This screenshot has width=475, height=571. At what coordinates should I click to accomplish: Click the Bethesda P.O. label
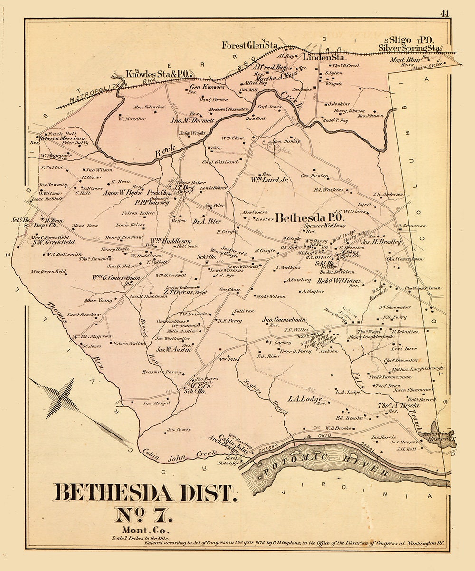tap(307, 218)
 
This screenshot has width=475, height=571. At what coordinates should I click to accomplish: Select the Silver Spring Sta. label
tap(410, 49)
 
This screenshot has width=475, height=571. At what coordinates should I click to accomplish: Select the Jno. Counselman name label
tap(284, 320)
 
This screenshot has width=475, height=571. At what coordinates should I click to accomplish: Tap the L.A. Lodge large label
tap(305, 398)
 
